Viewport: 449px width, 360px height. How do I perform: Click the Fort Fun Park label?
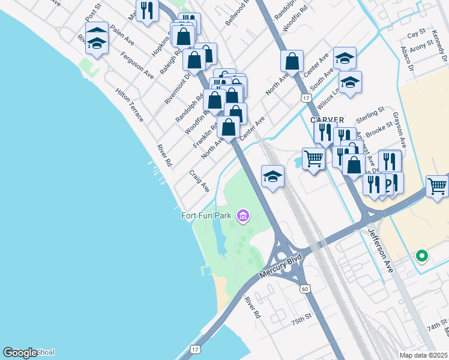(208, 215)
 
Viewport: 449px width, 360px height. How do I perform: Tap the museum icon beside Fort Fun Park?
(243, 215)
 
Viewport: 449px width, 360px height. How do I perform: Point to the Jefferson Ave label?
(381, 251)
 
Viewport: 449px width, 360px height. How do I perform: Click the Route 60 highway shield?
(305, 289)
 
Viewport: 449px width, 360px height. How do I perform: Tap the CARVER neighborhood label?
(327, 120)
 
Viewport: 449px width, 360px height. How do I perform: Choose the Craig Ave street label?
(199, 180)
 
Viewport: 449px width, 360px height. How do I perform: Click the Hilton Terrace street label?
(130, 106)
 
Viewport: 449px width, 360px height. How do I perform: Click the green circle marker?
(422, 256)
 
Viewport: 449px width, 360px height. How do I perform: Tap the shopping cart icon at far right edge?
(437, 187)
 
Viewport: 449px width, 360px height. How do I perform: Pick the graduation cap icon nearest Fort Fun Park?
(273, 176)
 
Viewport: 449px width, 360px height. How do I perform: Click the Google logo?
(20, 353)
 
